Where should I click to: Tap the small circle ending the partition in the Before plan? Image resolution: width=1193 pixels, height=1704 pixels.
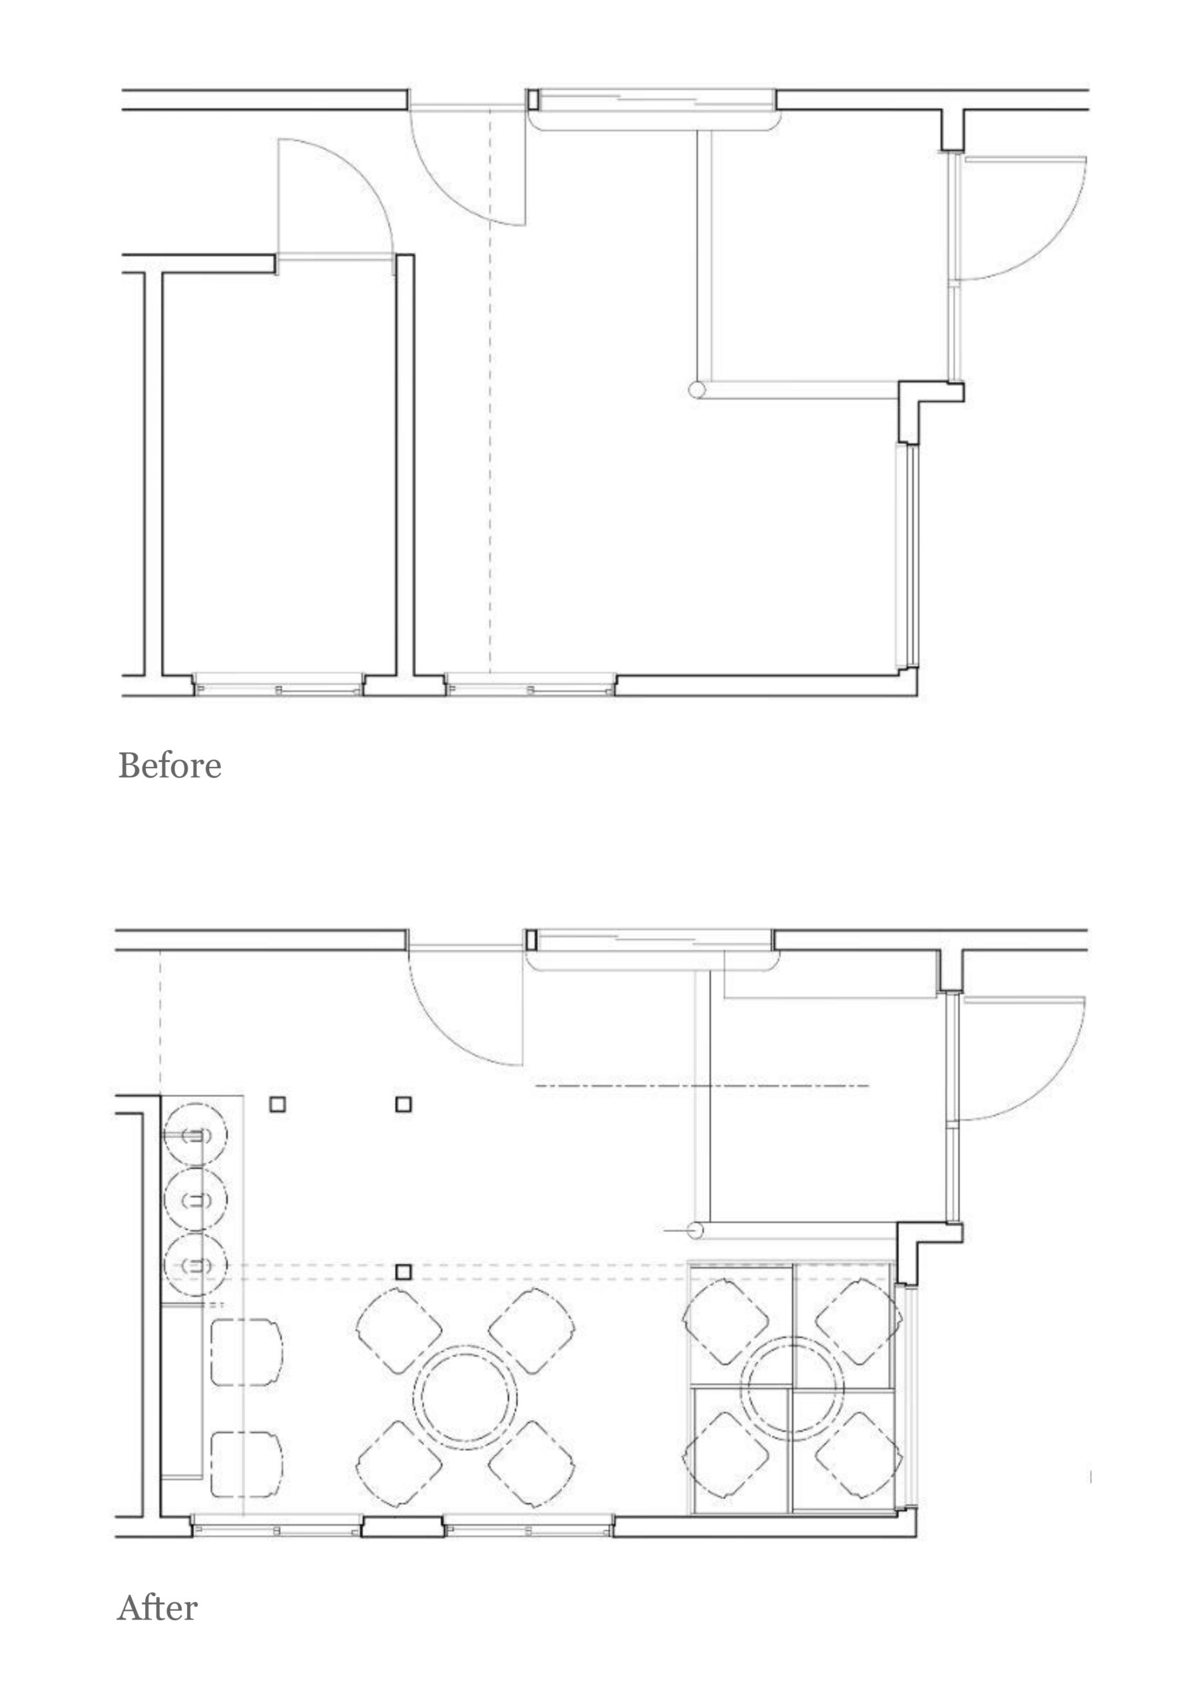[x=696, y=389]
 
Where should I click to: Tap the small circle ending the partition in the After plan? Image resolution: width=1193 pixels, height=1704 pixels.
[x=696, y=1231]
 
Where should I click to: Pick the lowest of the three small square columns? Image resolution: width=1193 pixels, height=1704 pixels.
[x=403, y=1272]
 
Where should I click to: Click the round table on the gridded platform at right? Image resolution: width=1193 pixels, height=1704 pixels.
[x=793, y=1386]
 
